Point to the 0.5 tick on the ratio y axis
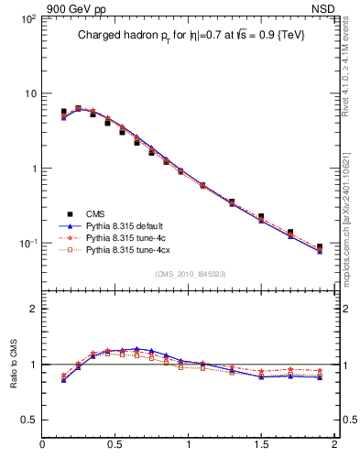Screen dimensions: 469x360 tap(27, 419)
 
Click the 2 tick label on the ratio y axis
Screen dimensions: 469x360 tap(32, 310)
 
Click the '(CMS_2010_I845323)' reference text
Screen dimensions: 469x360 tap(188, 274)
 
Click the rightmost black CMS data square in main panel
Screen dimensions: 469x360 tap(320, 247)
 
